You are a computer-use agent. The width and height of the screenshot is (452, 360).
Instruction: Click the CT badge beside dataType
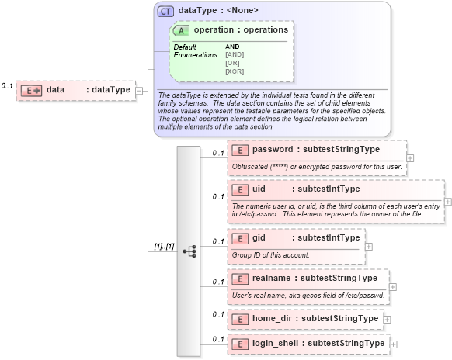(165, 11)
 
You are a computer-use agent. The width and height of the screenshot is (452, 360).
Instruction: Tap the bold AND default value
(233, 47)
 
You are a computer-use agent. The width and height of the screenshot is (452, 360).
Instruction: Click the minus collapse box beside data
(140, 90)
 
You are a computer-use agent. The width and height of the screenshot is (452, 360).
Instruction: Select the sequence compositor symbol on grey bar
(189, 251)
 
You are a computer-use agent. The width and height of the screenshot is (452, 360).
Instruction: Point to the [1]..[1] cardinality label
(163, 246)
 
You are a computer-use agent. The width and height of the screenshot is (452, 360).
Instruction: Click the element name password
(273, 149)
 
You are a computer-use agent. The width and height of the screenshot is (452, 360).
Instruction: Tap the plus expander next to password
(410, 157)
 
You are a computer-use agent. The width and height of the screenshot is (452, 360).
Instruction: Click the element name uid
(259, 189)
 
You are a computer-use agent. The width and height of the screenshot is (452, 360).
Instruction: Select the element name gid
(259, 237)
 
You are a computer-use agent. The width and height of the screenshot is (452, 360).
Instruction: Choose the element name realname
(273, 278)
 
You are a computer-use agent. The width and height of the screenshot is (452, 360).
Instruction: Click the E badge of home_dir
(240, 319)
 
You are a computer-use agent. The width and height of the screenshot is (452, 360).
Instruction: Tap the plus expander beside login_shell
(393, 344)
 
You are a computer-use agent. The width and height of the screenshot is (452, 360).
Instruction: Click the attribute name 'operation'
(214, 29)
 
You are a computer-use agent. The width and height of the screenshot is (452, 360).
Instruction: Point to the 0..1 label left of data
(7, 85)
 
